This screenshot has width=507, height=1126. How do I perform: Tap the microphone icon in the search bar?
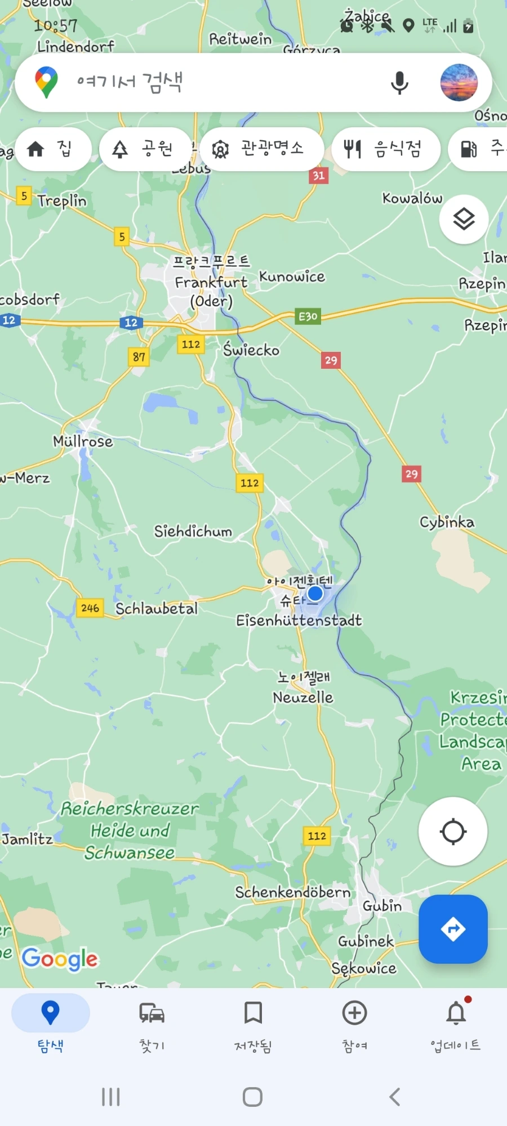pos(399,83)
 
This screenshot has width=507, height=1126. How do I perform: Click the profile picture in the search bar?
pos(459,83)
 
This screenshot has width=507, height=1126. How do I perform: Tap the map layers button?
pos(464,219)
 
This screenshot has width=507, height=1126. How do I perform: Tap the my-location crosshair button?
pos(453,832)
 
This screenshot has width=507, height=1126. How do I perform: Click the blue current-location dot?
pos(315,593)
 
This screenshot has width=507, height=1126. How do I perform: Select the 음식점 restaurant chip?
pos(386,149)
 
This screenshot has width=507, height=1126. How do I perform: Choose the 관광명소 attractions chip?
pos(261,149)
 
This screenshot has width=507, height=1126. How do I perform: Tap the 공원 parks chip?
pos(145,149)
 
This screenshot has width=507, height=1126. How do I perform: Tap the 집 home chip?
pos(53,149)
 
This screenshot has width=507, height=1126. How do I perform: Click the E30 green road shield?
pos(308,316)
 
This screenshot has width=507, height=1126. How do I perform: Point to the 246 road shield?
pos(90,608)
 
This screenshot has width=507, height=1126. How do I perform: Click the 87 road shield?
pos(139,356)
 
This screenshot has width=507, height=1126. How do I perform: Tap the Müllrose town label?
pos(83,441)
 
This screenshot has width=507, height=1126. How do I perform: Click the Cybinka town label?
pos(447,522)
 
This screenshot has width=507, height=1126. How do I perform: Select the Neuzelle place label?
pos(303,698)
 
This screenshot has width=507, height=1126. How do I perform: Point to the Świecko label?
pos(251,350)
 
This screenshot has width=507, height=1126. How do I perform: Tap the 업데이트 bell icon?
pos(456,1014)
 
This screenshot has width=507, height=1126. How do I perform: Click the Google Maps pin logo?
pos(46,82)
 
